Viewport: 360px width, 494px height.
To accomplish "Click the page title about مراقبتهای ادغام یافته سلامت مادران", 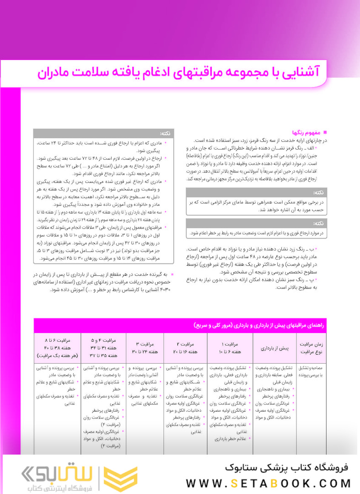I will point(179,72).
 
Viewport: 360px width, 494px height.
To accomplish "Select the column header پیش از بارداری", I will point(274,348).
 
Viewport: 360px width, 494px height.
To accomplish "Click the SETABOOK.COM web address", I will point(269,483).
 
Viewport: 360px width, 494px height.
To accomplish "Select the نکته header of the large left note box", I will point(164,134).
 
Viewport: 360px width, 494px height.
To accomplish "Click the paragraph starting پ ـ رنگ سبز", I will point(260,284).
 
